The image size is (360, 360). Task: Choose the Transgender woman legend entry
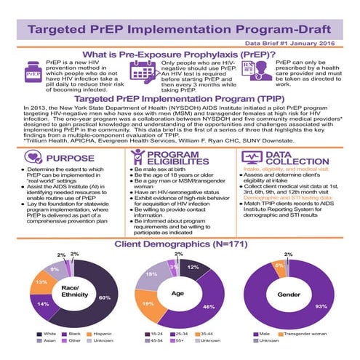pos(301,334)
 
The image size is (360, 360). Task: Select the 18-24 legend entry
pos(156,334)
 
